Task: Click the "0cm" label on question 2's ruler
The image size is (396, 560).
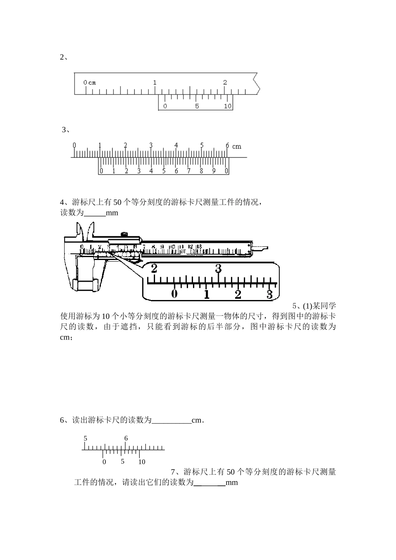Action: [x=89, y=82]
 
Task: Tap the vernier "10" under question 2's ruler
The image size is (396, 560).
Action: [x=227, y=106]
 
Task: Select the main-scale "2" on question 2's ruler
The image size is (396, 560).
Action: [x=225, y=82]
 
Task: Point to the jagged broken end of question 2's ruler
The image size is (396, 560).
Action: [x=258, y=84]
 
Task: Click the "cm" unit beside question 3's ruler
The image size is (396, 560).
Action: [x=237, y=146]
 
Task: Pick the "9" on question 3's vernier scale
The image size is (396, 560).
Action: [x=214, y=171]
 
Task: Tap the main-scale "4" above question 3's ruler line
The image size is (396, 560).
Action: [x=176, y=145]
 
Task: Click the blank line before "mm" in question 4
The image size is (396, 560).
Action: [x=95, y=213]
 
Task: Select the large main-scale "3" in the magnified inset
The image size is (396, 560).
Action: [x=218, y=269]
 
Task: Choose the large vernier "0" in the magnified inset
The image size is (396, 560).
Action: [x=175, y=294]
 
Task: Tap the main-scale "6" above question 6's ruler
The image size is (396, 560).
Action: [x=126, y=438]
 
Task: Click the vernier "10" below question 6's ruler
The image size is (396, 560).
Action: [x=142, y=462]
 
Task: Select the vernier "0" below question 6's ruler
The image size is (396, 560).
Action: [x=104, y=462]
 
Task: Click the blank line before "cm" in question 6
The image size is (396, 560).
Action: [x=171, y=421]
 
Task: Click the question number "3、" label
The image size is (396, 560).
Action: [x=65, y=130]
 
